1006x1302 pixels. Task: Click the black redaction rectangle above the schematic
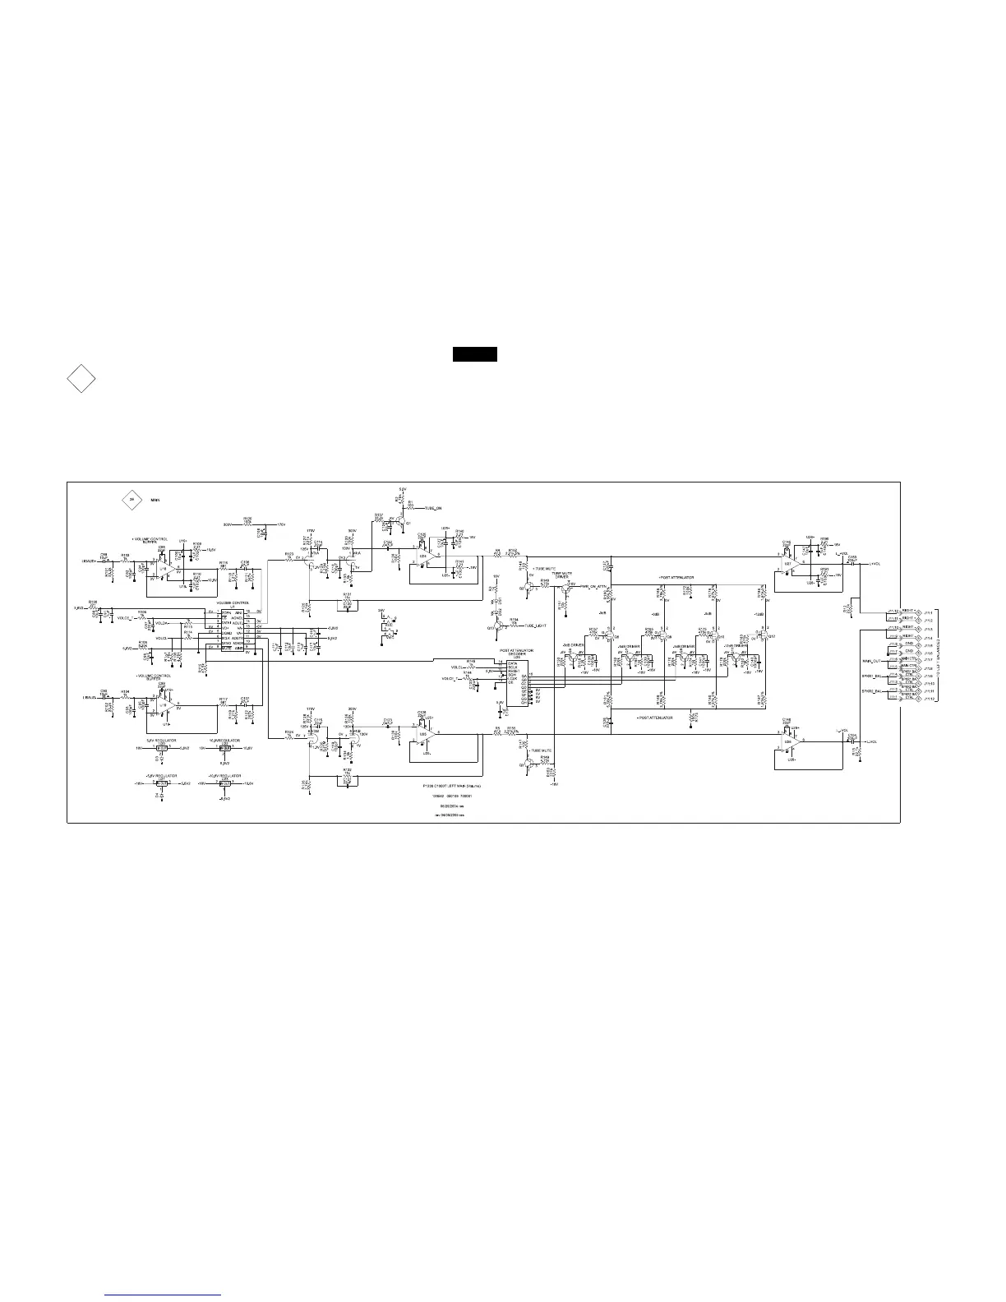pyautogui.click(x=474, y=354)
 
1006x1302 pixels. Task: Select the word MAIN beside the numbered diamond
pyautogui.click(x=155, y=500)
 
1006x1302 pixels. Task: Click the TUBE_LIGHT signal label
pyautogui.click(x=535, y=626)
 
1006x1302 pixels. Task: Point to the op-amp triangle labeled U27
pyautogui.click(x=789, y=564)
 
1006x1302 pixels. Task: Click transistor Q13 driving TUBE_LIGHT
pyautogui.click(x=498, y=626)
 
